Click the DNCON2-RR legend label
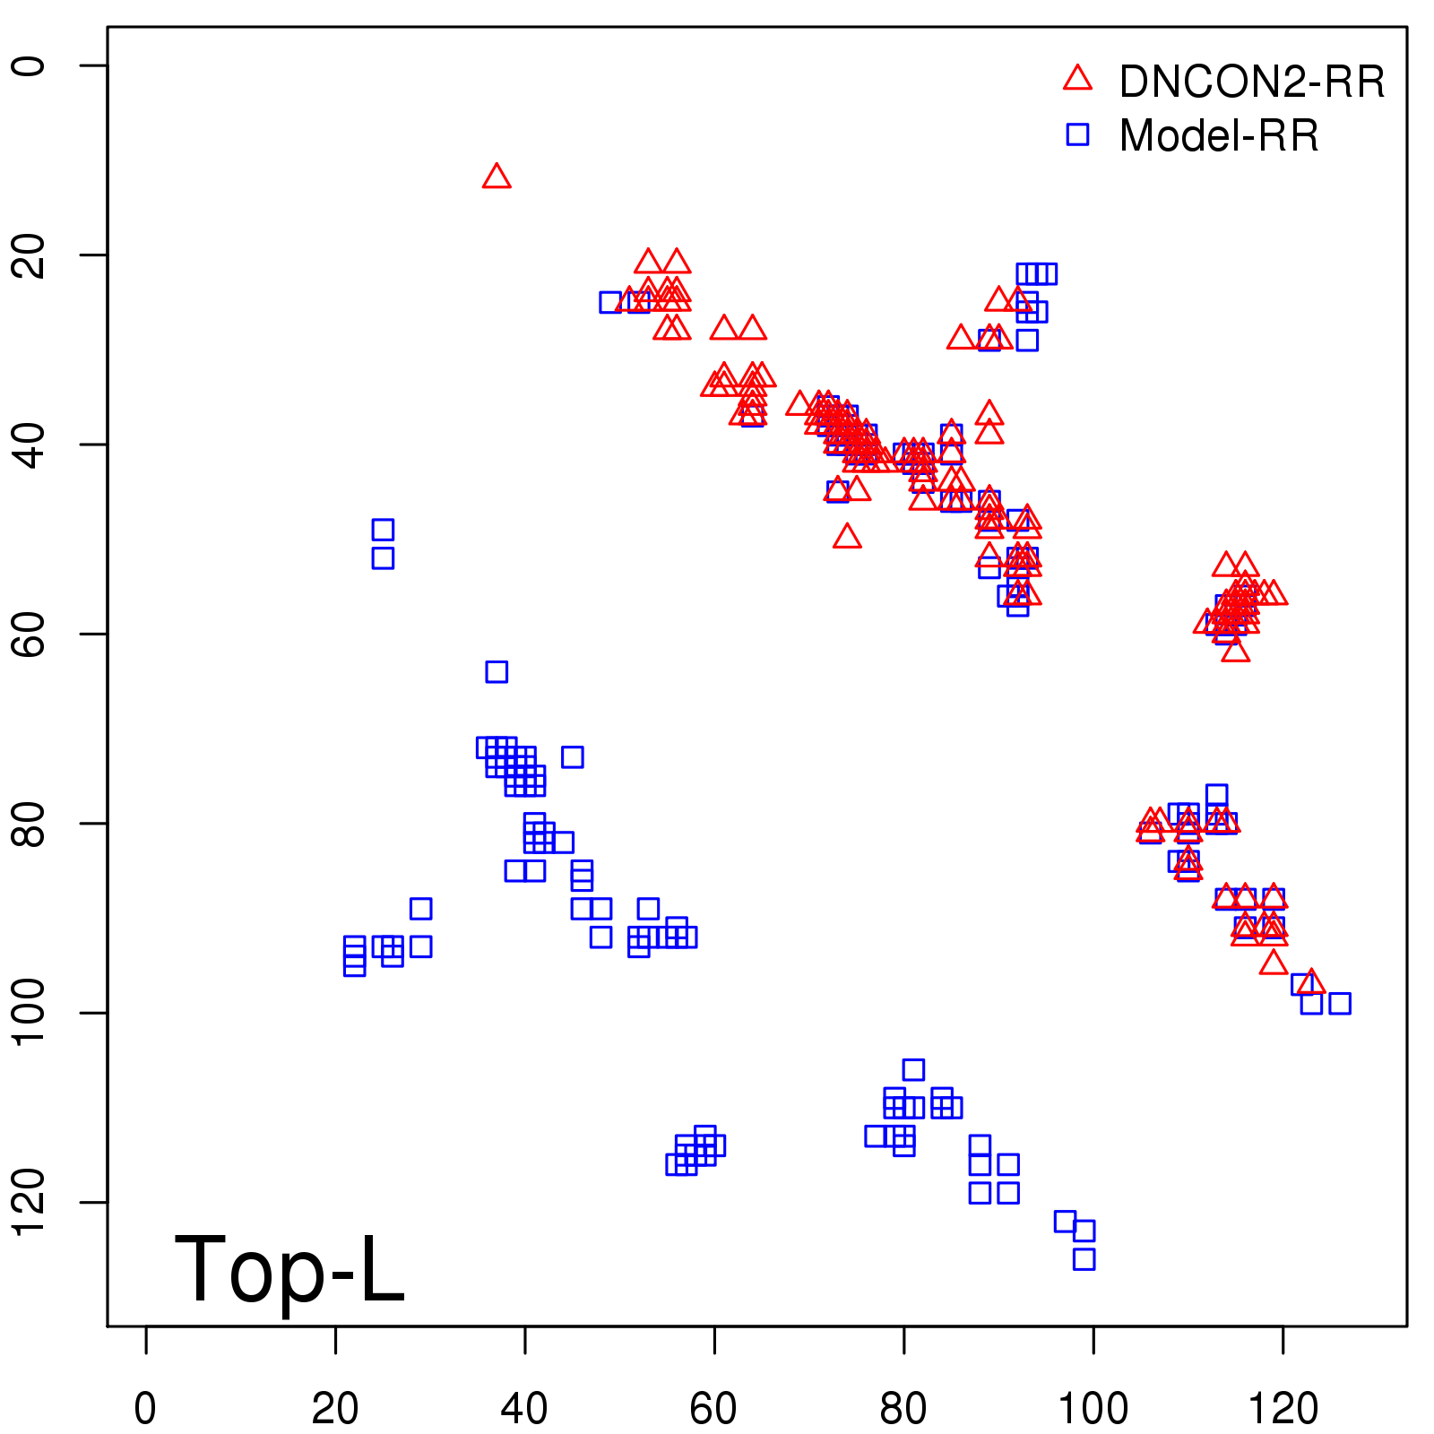[1251, 82]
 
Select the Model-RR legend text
[1219, 136]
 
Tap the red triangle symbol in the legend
[1077, 79]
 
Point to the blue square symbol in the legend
[1077, 134]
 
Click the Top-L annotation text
[289, 1269]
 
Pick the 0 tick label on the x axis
[145, 1409]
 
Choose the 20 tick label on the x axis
[335, 1409]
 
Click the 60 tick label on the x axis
[714, 1409]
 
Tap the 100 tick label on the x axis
[1093, 1409]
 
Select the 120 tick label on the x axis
[1283, 1409]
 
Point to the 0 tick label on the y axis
[29, 65]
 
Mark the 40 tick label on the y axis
[29, 445]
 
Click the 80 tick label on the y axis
[29, 823]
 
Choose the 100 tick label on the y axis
[29, 1013]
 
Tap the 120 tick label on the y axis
[29, 1202]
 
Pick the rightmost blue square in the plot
[1339, 1003]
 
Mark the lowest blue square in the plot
[1084, 1258]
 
